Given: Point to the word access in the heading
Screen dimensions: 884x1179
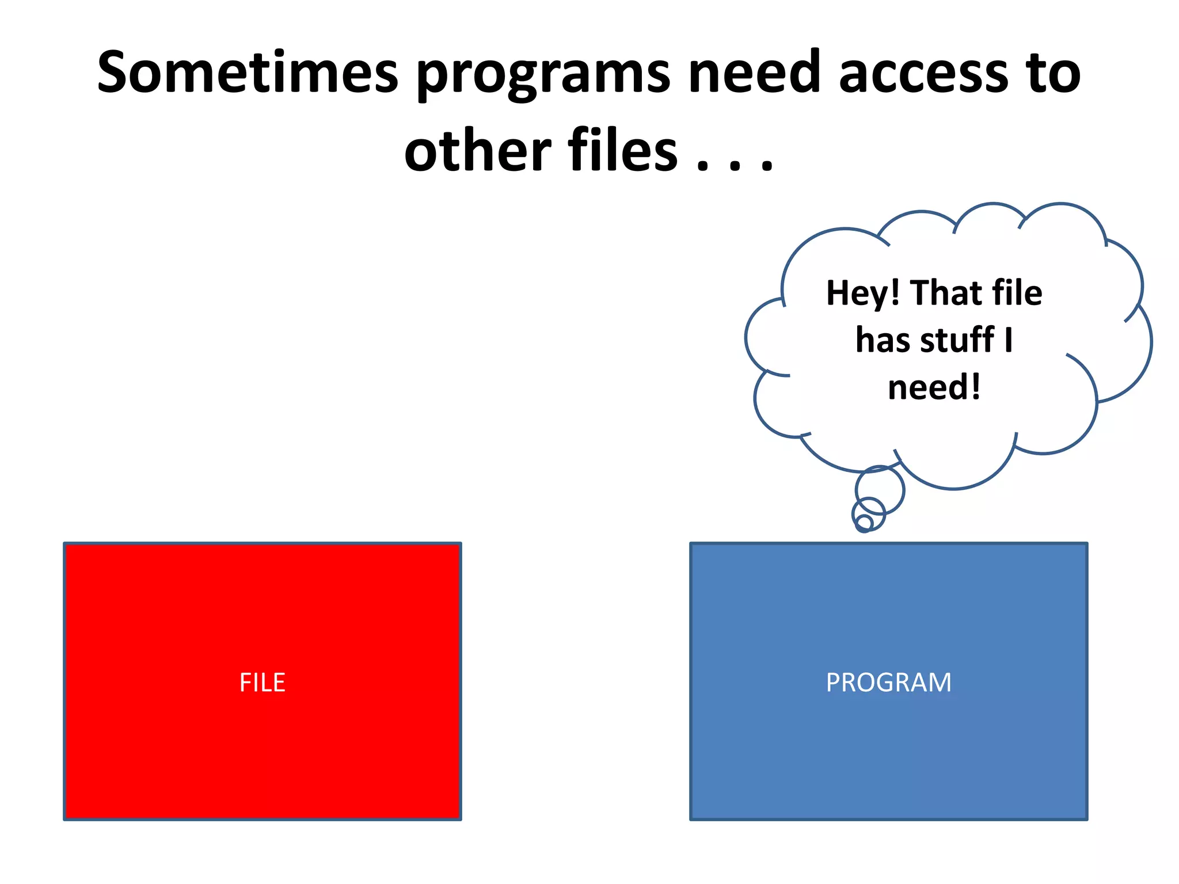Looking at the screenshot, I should click(x=923, y=74).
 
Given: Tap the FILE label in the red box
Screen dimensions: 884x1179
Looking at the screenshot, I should click(x=263, y=683).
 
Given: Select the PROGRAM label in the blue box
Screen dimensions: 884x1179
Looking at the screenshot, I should click(x=888, y=683).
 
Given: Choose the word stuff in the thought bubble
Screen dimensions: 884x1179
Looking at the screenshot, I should click(x=957, y=340).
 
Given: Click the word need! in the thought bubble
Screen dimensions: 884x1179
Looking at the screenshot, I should click(x=934, y=387).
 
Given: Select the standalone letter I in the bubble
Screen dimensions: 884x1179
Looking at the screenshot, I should click(x=1008, y=340).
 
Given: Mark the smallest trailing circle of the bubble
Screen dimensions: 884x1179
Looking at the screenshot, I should click(x=864, y=523).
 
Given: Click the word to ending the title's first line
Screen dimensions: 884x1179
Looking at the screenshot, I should click(x=1055, y=74).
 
